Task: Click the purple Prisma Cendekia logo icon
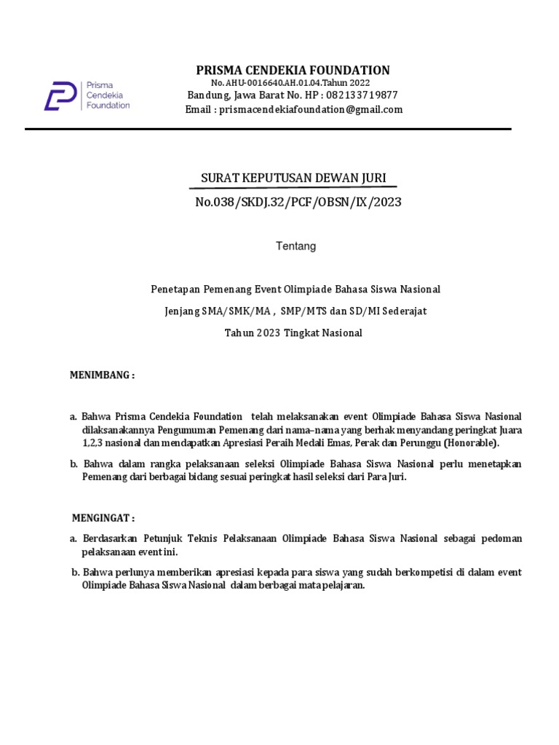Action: [x=60, y=95]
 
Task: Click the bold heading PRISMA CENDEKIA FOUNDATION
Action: [x=293, y=70]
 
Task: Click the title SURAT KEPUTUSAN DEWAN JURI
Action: [x=293, y=178]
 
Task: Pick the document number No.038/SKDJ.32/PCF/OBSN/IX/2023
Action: [x=298, y=202]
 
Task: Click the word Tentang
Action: [x=296, y=246]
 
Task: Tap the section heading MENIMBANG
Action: [x=102, y=375]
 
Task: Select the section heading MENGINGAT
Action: [x=103, y=518]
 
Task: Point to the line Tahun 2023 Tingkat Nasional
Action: [x=293, y=333]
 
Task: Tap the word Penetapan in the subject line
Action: [x=174, y=289]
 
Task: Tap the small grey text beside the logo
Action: [x=108, y=95]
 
